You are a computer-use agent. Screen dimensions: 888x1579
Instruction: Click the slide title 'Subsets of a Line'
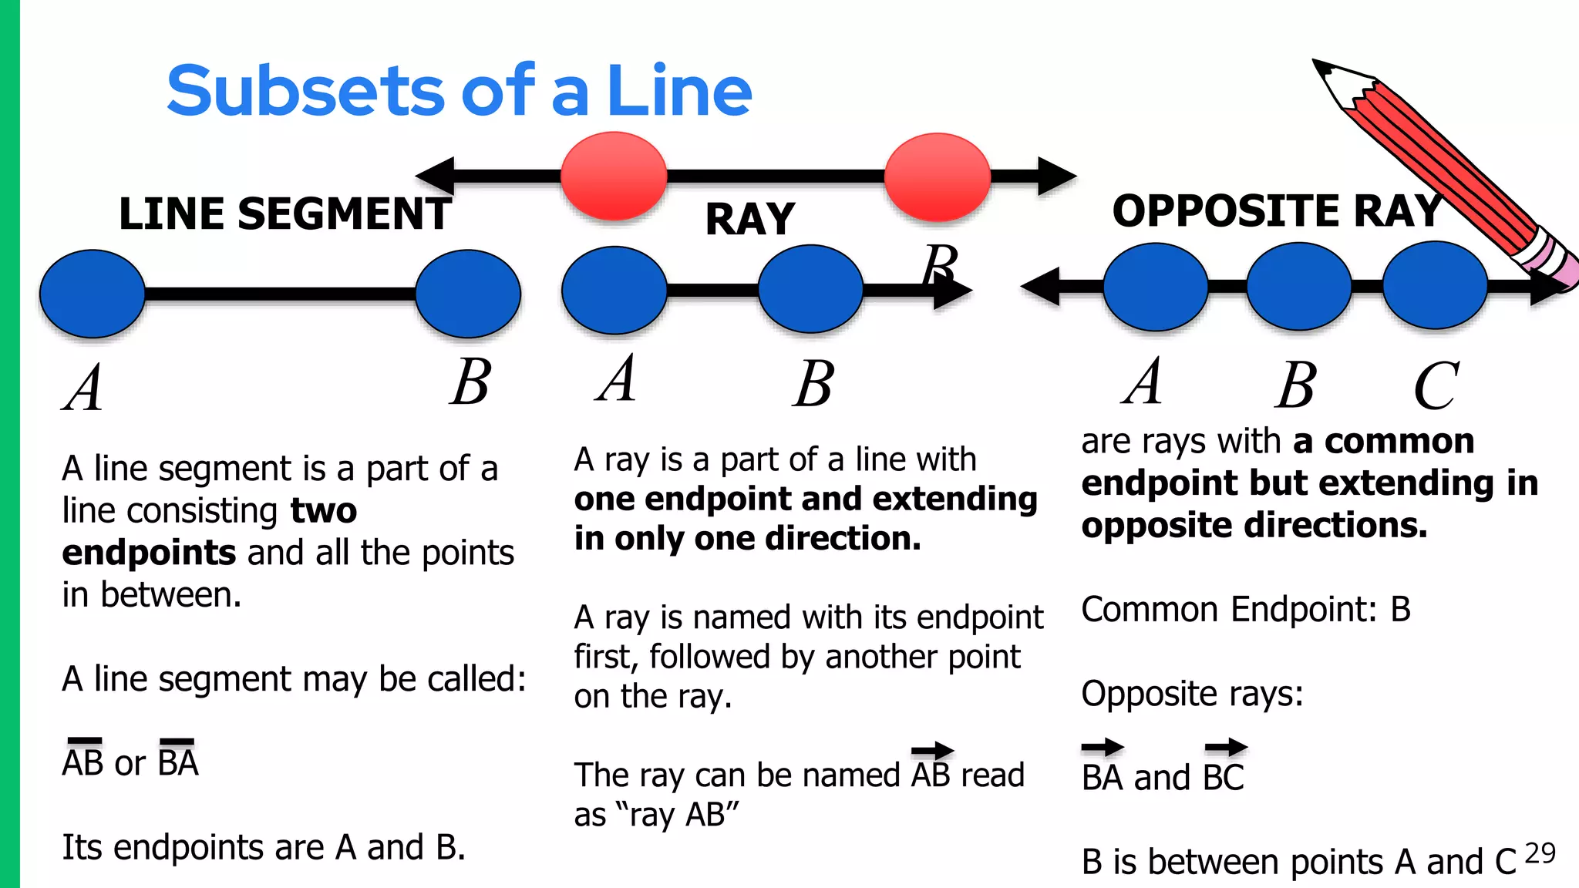[x=459, y=91]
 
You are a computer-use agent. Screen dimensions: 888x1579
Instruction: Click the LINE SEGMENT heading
[x=284, y=214]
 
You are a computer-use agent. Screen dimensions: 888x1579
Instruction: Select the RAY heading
[x=749, y=220]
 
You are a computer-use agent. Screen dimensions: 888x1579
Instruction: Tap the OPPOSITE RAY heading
[x=1277, y=210]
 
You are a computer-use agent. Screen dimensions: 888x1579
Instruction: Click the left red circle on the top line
[x=614, y=176]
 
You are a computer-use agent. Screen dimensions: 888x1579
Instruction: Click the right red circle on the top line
[x=937, y=177]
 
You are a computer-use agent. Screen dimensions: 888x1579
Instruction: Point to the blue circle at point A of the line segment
[x=93, y=294]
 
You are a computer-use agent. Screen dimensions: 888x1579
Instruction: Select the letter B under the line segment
[x=470, y=382]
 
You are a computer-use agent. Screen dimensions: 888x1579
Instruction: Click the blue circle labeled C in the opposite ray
[x=1435, y=285]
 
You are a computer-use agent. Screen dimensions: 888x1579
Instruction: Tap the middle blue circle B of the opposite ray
[x=1298, y=286]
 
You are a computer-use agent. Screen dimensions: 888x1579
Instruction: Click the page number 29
[x=1540, y=853]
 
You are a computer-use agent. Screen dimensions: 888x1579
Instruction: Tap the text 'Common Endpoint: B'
[x=1245, y=610]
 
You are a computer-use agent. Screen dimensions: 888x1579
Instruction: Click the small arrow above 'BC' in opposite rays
[x=1225, y=746]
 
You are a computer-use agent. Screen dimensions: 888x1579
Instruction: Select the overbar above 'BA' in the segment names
[x=177, y=742]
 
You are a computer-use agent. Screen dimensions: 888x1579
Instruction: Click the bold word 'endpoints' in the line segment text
[x=149, y=553]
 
